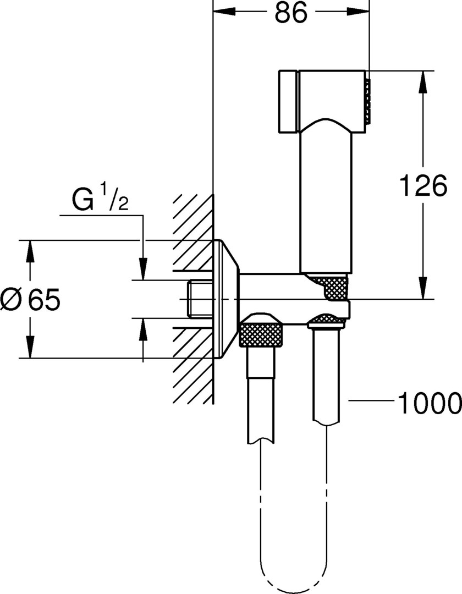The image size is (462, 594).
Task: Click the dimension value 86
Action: pos(290,14)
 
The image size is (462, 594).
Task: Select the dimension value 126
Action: pos(422,186)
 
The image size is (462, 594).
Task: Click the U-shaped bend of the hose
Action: pos(294,577)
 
